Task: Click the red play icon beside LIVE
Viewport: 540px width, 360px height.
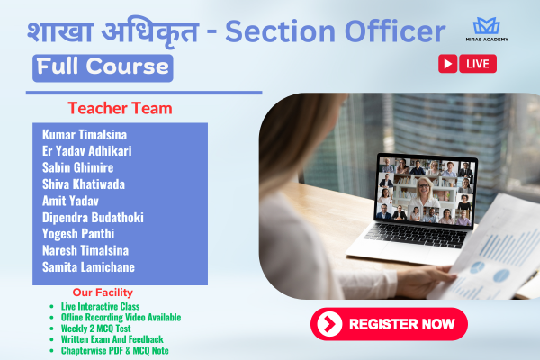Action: coord(447,64)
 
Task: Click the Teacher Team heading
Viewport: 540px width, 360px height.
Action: coord(120,109)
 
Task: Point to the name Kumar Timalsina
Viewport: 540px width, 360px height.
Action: coord(85,134)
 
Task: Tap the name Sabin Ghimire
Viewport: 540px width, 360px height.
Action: coord(78,167)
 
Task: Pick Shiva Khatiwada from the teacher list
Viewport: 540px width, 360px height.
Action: coord(84,184)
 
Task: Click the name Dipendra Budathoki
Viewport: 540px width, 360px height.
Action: coord(93,217)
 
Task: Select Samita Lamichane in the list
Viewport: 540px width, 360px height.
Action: coord(87,267)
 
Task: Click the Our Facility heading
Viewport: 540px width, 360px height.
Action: coord(103,292)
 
